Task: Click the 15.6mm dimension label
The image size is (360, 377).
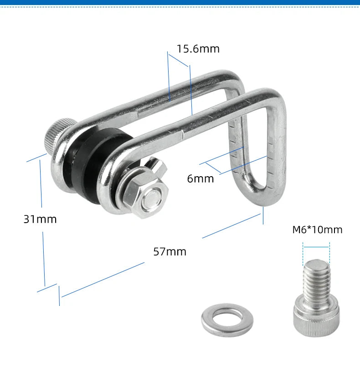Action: tap(198, 49)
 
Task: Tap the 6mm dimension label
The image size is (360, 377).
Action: tap(201, 178)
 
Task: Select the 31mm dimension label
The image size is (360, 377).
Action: tap(40, 219)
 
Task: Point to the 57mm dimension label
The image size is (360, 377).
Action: tap(170, 252)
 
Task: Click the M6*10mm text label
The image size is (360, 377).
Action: tap(317, 229)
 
